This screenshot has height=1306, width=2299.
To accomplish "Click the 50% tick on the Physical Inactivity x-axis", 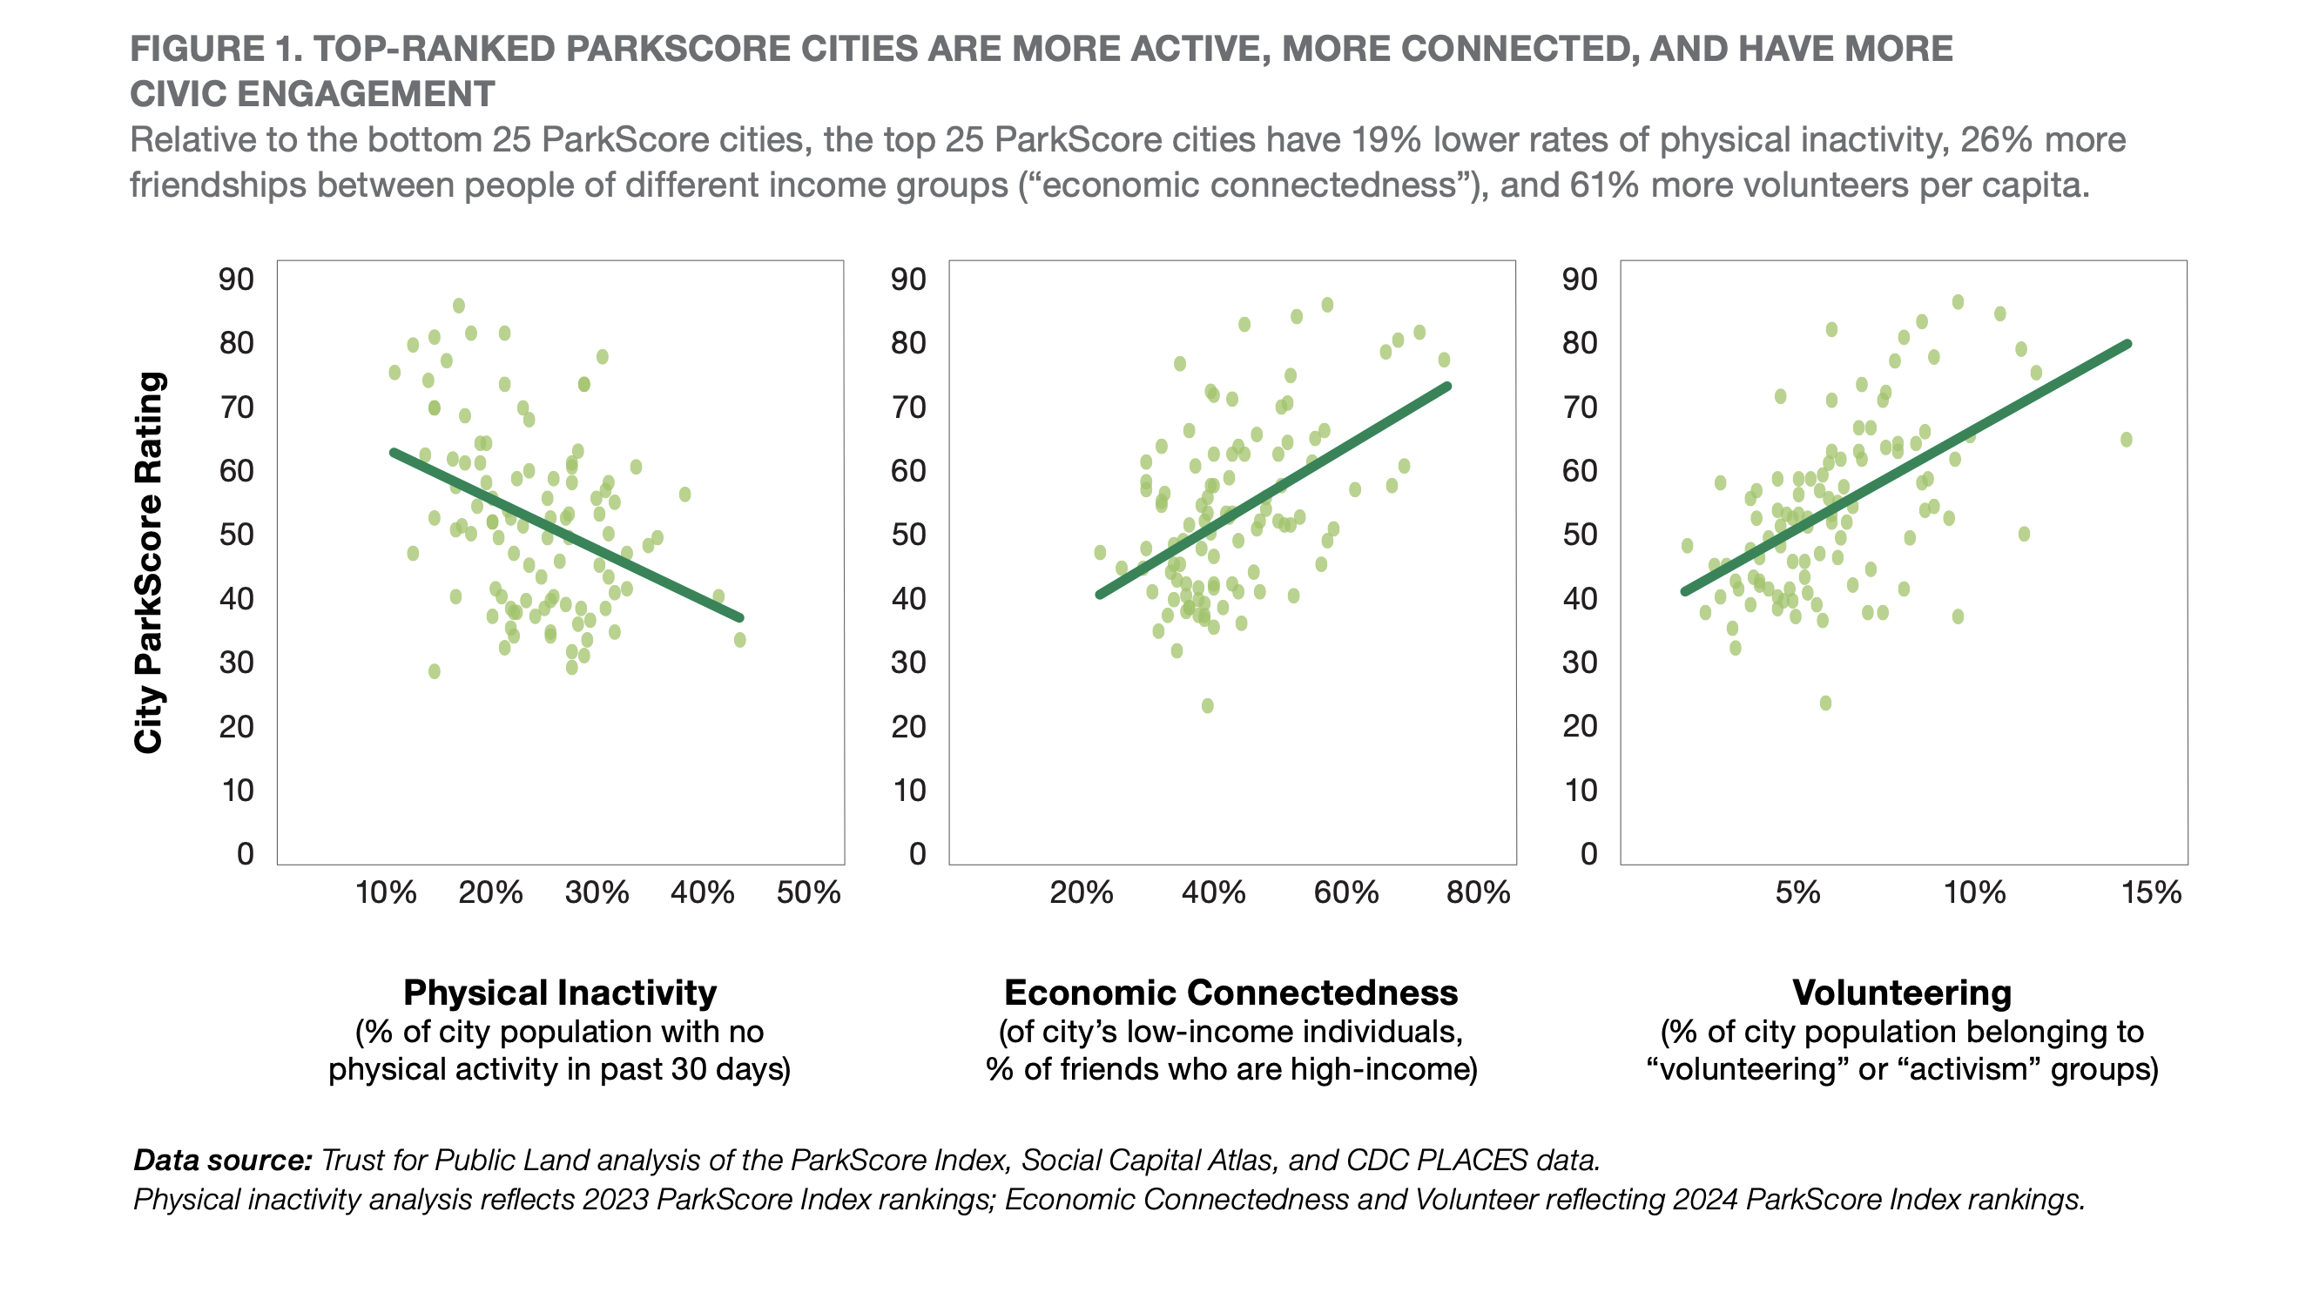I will click(808, 892).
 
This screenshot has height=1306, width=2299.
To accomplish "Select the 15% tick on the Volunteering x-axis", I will click(2151, 892).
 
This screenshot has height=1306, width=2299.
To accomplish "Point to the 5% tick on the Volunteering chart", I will click(1797, 892).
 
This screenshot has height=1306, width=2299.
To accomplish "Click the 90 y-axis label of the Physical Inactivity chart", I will click(236, 279).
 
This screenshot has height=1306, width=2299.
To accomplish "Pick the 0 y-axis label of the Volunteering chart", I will click(1588, 853).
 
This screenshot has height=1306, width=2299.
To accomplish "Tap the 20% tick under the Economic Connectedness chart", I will click(1081, 892).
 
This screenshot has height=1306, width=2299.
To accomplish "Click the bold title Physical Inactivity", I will click(560, 993).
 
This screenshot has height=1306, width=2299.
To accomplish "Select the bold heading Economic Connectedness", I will click(1230, 993).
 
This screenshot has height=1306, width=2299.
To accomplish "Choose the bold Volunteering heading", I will click(1902, 993).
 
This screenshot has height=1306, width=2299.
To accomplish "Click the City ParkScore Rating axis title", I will click(149, 562).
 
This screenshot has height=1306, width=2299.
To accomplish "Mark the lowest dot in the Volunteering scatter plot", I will click(1825, 703).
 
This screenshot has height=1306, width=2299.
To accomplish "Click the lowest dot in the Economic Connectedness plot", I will click(1207, 706).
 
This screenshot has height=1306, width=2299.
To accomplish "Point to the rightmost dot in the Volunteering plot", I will click(2126, 440).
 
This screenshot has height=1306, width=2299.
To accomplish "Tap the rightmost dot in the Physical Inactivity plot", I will click(740, 640).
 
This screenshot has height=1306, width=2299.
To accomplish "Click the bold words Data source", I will click(222, 1160).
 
